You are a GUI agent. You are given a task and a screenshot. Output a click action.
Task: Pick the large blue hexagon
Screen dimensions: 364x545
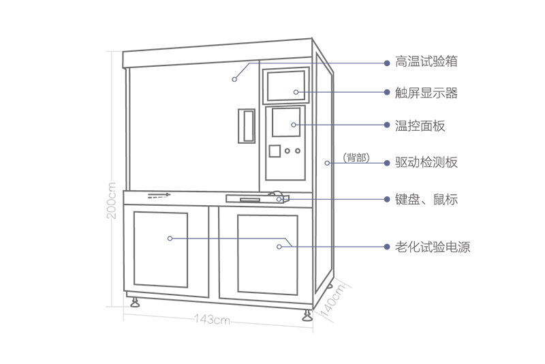267,245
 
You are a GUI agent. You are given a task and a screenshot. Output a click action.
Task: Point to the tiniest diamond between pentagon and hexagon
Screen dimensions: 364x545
213,239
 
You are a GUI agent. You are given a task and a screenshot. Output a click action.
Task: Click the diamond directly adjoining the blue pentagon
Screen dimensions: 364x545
198,239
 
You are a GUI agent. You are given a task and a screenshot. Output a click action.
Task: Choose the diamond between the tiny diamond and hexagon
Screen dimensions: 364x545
228,238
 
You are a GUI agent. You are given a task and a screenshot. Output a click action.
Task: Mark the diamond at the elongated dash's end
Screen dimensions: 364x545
324,199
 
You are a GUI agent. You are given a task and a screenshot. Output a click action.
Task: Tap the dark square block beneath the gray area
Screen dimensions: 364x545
212,325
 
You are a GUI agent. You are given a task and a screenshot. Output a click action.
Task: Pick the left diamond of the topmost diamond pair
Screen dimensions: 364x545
294,90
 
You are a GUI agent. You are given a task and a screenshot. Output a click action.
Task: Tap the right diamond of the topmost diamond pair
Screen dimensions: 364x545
325,92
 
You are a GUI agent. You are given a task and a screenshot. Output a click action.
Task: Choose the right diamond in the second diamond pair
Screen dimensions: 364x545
325,125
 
